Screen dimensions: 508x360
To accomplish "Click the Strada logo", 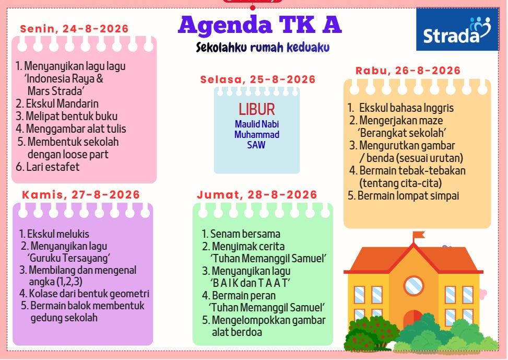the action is (x=457, y=29).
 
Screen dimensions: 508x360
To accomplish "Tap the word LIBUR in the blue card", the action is (x=257, y=109).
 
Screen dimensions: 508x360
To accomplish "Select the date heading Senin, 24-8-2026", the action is (x=75, y=29).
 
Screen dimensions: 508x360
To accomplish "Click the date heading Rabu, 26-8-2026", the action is (x=408, y=71).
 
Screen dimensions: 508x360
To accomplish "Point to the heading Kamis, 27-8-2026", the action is (x=81, y=194).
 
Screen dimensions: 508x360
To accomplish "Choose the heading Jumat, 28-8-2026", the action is (x=257, y=194).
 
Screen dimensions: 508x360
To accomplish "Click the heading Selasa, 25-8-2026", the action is (x=258, y=79).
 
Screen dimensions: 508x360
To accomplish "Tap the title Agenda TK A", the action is (x=260, y=25).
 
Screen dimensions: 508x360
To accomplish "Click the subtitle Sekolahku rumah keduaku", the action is (x=263, y=48).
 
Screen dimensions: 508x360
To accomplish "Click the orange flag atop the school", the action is (x=418, y=235).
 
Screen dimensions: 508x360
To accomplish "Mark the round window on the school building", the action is (x=414, y=286).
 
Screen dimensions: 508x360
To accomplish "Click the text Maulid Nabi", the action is (x=257, y=124).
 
